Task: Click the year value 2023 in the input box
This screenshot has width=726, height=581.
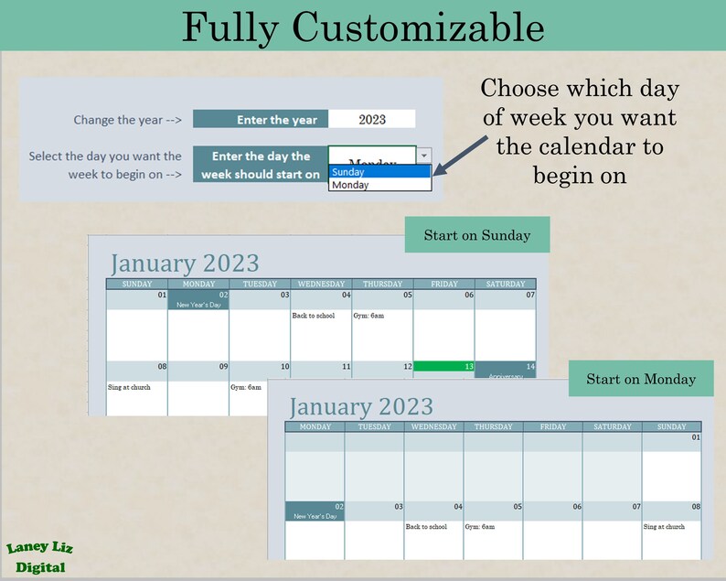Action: tap(372, 119)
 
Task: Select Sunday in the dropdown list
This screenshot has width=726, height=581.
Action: tap(379, 172)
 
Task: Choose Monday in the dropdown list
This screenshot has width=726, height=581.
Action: tap(379, 185)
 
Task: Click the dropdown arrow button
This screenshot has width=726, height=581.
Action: tap(424, 156)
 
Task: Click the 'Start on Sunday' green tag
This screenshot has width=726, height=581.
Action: tap(476, 235)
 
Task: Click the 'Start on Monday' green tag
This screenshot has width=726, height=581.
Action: tap(640, 379)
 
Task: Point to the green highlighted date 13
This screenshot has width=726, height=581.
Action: tap(443, 366)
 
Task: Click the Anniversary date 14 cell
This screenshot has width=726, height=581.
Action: tap(505, 370)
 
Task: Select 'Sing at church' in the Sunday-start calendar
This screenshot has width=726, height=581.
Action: tap(129, 387)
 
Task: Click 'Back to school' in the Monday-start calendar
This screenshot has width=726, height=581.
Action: tap(426, 527)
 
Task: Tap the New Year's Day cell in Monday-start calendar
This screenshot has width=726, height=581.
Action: tap(315, 511)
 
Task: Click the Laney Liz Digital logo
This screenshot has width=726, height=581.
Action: tap(39, 557)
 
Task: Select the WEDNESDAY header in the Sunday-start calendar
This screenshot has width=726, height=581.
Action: tap(321, 285)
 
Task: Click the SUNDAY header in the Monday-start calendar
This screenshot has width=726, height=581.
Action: tap(671, 426)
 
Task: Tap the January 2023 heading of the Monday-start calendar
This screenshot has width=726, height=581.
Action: tap(360, 406)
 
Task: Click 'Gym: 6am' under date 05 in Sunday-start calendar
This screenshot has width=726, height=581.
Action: tap(368, 316)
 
